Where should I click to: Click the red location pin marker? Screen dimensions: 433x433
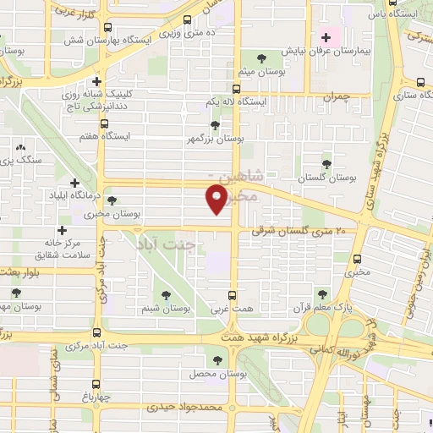point(217,200)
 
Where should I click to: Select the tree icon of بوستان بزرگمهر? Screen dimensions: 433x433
point(215,125)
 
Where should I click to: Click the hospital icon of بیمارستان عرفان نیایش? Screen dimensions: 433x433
point(326,37)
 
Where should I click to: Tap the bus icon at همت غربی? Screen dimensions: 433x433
point(235,295)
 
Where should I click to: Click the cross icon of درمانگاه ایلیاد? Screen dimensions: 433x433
point(74,183)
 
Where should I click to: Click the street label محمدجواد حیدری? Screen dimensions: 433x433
point(183,407)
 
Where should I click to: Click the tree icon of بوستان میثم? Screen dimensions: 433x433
point(256,58)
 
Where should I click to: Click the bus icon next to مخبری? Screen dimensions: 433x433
point(357,259)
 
